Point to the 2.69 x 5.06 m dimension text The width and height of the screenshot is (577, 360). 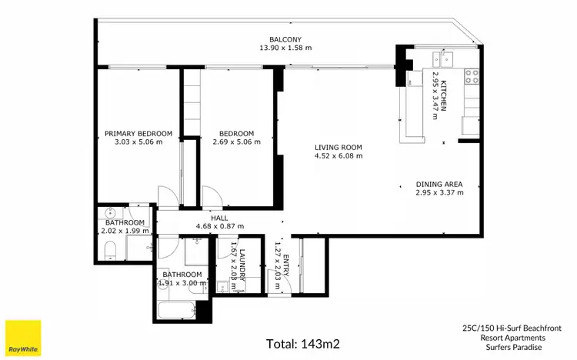pos(235,142)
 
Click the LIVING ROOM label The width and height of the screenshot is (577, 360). pos(338,147)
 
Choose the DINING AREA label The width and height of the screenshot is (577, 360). pos(439,184)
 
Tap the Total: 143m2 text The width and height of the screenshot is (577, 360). pos(302,343)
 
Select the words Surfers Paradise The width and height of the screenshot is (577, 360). pos(520,348)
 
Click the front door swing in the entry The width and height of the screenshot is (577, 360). pos(277,284)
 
